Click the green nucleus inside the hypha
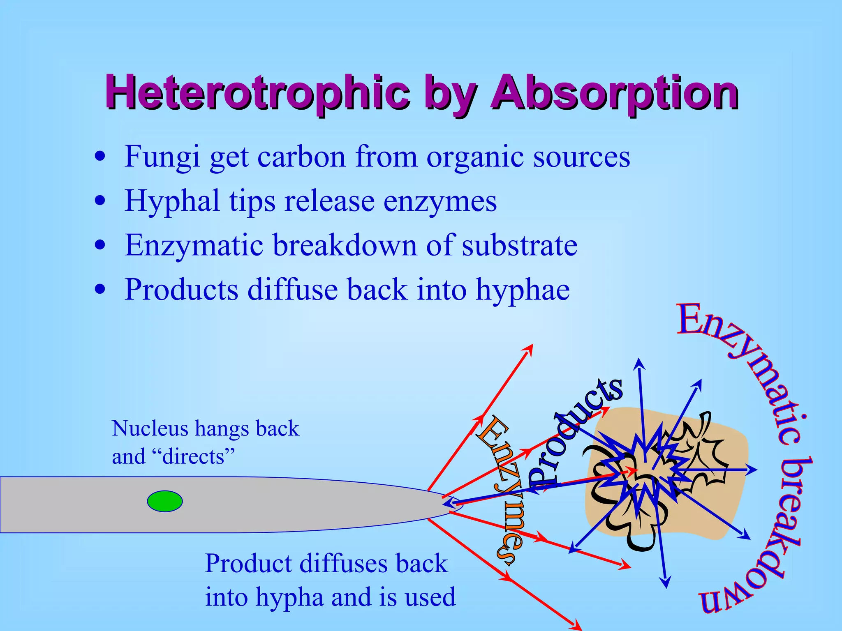pos(165,501)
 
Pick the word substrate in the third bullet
pos(520,246)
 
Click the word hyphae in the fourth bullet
pos(523,290)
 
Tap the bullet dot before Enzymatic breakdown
pos(100,246)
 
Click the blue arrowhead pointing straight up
pos(638,363)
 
